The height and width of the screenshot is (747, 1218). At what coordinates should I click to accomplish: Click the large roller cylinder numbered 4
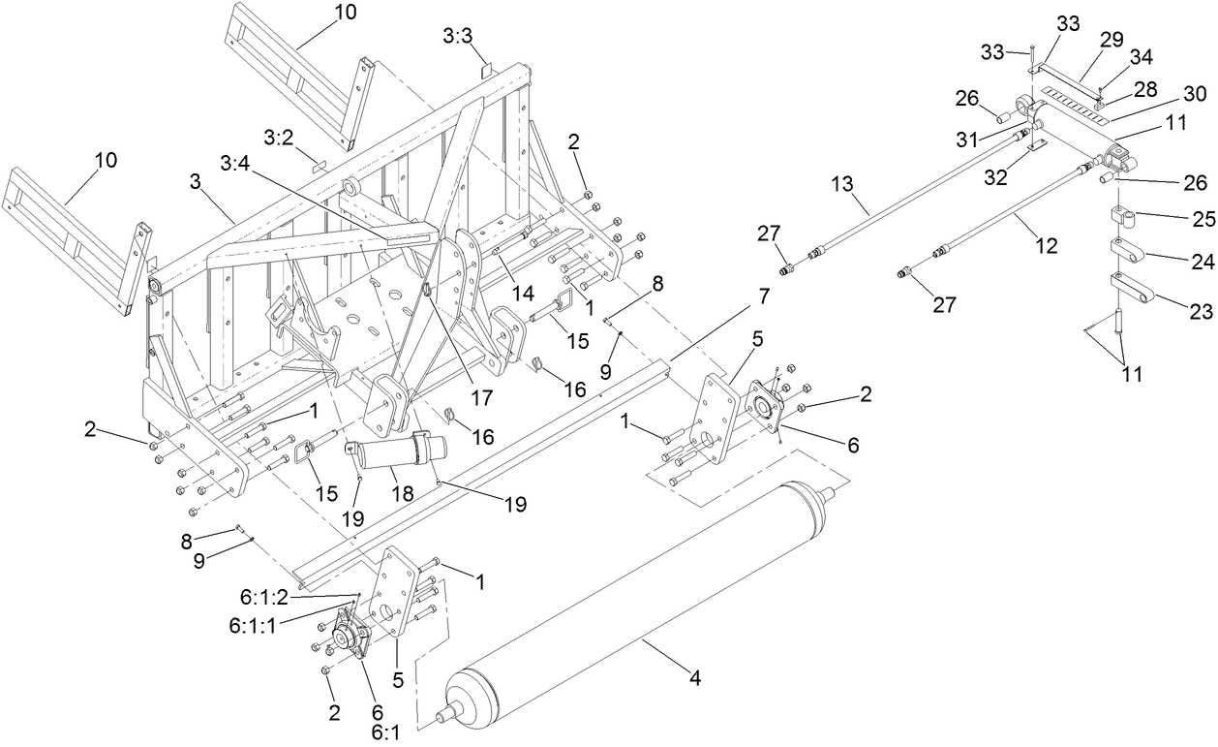point(639,601)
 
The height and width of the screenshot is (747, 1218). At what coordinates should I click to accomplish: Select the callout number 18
point(401,493)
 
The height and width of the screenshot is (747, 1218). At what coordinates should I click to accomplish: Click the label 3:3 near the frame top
point(457,36)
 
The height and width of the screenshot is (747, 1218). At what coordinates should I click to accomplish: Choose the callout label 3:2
point(278,138)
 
